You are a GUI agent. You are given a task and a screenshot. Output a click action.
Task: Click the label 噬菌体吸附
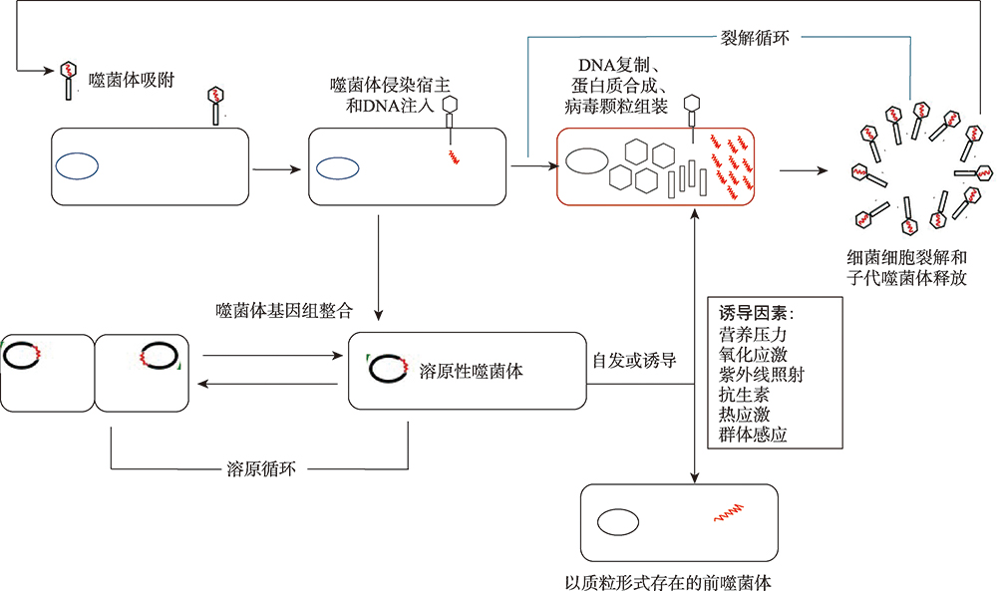click(x=132, y=80)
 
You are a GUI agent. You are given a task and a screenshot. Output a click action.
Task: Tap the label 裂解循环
click(x=755, y=38)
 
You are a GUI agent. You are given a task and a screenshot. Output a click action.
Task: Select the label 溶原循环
click(x=261, y=469)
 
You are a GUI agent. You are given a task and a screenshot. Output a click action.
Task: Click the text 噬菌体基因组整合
click(x=284, y=311)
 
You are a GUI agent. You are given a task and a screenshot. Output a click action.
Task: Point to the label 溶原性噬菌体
click(x=472, y=371)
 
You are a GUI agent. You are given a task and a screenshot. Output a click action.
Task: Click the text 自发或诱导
click(x=634, y=361)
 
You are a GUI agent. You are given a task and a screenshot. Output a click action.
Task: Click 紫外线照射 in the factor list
click(x=761, y=375)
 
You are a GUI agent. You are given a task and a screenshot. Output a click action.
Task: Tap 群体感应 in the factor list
click(x=753, y=435)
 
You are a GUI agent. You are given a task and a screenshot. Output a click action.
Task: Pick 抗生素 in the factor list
click(x=744, y=395)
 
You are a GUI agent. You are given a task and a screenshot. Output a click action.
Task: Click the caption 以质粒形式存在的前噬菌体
click(x=668, y=582)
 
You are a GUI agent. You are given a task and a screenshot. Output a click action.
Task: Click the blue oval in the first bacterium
click(x=77, y=166)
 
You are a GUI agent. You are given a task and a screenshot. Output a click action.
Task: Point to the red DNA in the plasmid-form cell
click(x=729, y=513)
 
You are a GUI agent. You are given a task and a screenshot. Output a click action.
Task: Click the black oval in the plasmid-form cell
click(x=618, y=523)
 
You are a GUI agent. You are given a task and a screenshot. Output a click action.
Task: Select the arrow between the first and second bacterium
click(x=276, y=169)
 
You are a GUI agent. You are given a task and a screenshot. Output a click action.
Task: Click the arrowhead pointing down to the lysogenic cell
click(x=378, y=315)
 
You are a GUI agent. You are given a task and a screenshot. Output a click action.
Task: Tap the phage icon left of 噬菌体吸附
click(x=68, y=80)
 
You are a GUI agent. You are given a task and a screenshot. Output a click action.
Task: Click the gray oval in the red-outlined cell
click(x=587, y=160)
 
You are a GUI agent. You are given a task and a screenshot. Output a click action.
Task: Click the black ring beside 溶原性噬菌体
click(x=387, y=369)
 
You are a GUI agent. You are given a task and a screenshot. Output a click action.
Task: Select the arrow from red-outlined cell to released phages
click(x=804, y=170)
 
